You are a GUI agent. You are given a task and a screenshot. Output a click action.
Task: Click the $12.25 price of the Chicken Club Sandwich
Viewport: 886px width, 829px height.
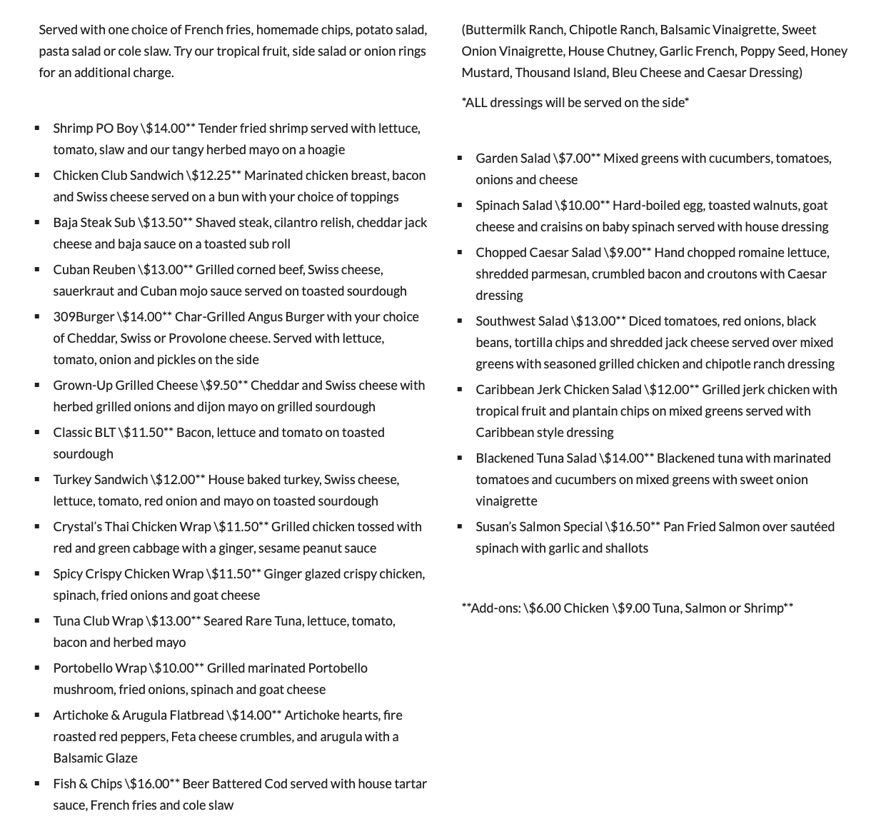coord(216,175)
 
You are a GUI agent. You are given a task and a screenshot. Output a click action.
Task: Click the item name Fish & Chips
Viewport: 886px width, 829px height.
coord(87,783)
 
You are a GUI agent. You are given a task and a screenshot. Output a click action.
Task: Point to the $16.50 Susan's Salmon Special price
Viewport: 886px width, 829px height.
coord(632,526)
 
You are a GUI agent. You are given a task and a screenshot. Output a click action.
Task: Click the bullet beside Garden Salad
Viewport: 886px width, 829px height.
coord(460,158)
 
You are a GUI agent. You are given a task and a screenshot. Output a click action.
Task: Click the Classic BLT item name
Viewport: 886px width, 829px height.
coord(84,432)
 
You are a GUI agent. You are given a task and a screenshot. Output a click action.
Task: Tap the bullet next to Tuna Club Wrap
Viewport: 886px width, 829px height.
coord(37,621)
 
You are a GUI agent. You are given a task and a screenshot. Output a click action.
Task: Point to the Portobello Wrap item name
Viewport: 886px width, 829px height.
coord(99,668)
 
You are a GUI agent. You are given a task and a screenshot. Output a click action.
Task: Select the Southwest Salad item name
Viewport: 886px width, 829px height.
coord(522,321)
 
